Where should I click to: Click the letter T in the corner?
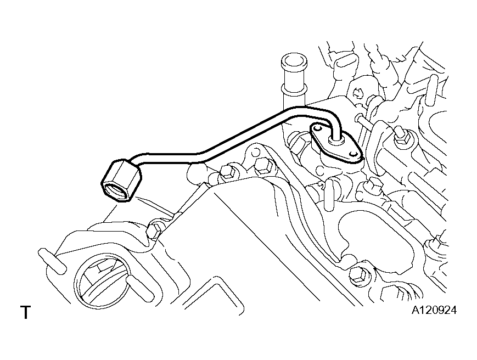tap(26, 312)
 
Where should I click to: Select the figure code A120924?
tap(434, 311)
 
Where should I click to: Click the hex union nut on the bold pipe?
tap(121, 181)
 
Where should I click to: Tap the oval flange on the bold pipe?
tap(336, 144)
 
